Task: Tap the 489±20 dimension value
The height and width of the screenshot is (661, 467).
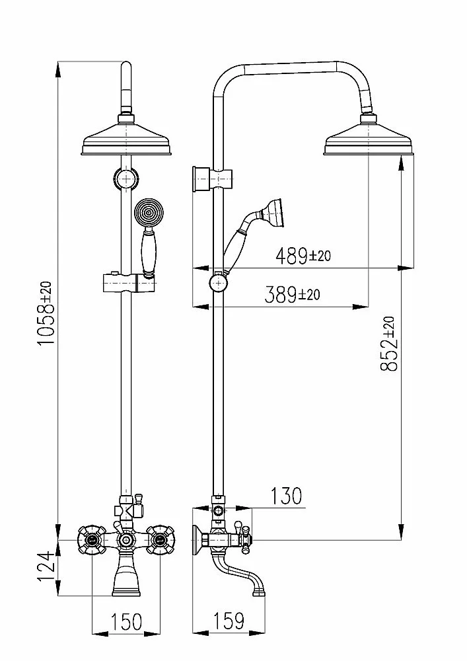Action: point(303,256)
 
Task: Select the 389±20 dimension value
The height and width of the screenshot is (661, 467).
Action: point(292,295)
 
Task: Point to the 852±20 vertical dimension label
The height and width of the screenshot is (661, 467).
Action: point(388,344)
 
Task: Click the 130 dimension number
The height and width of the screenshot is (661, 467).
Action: point(286,496)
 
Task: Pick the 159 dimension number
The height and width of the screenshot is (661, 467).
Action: point(229,621)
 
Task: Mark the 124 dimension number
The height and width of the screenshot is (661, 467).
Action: point(46,566)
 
